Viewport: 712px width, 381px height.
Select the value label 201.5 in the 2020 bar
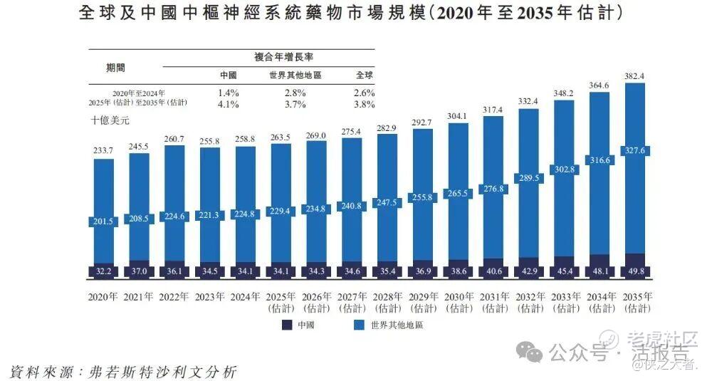(x=104, y=222)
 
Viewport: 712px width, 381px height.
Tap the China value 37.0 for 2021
(x=140, y=271)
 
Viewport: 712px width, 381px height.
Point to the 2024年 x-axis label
(x=246, y=296)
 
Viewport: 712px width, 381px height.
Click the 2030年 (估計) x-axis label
(x=459, y=302)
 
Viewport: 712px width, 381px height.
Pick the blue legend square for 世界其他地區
(x=359, y=325)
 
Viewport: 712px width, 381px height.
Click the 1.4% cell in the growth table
(x=229, y=93)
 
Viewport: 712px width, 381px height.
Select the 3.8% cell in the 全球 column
(x=364, y=105)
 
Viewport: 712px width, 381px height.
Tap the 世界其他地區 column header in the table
(x=295, y=75)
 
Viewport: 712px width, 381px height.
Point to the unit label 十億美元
(x=110, y=121)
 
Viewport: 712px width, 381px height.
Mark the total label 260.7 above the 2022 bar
(x=174, y=139)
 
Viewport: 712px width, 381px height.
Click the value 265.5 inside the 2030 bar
(x=459, y=194)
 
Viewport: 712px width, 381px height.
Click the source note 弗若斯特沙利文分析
(x=164, y=372)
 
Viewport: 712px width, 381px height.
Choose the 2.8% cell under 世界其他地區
(x=295, y=93)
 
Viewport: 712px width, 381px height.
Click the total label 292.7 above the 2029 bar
(x=423, y=122)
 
